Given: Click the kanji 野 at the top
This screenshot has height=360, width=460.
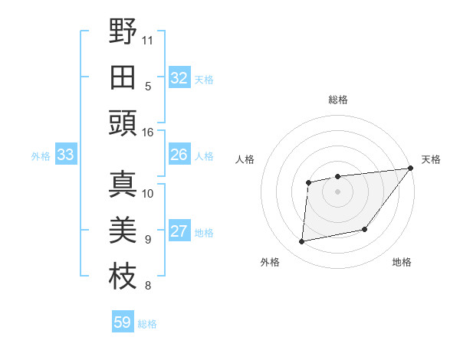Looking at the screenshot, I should (123, 31).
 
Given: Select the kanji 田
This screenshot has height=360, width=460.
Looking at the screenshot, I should (123, 77).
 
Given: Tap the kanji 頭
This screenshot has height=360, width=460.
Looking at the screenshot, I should (123, 123).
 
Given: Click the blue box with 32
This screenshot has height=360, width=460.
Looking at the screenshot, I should (179, 77).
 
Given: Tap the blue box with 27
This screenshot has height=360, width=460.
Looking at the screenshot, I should (179, 232).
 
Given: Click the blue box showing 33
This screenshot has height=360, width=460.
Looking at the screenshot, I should (65, 155).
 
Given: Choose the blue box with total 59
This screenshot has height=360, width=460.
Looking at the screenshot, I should (123, 322).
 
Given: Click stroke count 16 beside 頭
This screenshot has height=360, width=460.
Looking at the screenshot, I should (148, 132).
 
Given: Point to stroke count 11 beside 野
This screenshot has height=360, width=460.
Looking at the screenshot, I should (148, 39).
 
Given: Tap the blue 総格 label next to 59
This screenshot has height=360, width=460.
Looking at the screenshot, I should (147, 324).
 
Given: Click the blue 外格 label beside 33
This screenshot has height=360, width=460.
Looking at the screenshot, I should (41, 156).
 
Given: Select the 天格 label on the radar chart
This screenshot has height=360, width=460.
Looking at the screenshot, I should (431, 159).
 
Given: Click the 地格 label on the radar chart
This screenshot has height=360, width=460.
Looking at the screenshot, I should (402, 262).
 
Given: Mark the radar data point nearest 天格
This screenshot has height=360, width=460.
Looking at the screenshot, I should (410, 169).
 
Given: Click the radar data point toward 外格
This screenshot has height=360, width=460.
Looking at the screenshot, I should (302, 242).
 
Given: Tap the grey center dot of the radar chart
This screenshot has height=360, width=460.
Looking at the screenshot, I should (337, 191).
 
